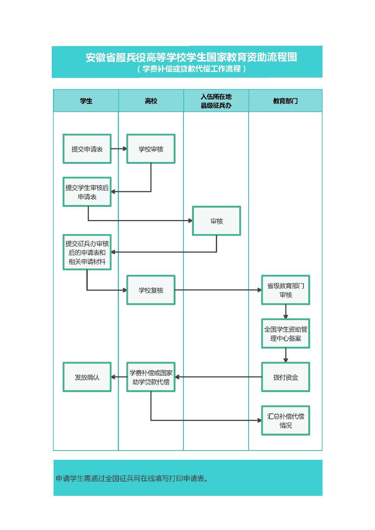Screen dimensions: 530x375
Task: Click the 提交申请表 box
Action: point(87,149)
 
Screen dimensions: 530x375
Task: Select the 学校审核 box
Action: point(151,149)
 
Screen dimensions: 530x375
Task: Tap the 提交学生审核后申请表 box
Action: point(87,192)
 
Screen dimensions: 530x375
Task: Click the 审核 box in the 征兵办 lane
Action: point(216,221)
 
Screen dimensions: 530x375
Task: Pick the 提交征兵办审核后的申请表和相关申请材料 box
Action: point(87,252)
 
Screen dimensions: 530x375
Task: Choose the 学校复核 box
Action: point(151,290)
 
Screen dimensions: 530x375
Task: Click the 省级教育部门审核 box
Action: point(285,290)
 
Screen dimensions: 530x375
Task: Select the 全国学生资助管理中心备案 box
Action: point(285,334)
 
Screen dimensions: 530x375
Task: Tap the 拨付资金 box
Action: point(285,377)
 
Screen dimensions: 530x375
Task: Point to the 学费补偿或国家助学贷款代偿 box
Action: point(151,377)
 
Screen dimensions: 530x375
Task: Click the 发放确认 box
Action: point(87,377)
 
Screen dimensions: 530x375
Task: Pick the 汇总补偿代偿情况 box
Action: point(285,421)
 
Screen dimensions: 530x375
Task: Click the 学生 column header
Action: point(86,101)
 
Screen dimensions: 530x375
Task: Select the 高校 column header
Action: point(151,101)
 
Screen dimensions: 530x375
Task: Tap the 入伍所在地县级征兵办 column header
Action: point(216,101)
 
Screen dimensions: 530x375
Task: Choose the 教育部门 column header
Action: point(285,101)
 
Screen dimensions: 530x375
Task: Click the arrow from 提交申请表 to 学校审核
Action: point(119,149)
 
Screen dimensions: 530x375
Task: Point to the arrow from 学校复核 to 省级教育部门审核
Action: point(217,290)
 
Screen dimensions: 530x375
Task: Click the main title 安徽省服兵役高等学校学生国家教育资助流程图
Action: point(191,57)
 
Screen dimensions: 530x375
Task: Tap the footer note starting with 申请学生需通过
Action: point(132,478)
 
